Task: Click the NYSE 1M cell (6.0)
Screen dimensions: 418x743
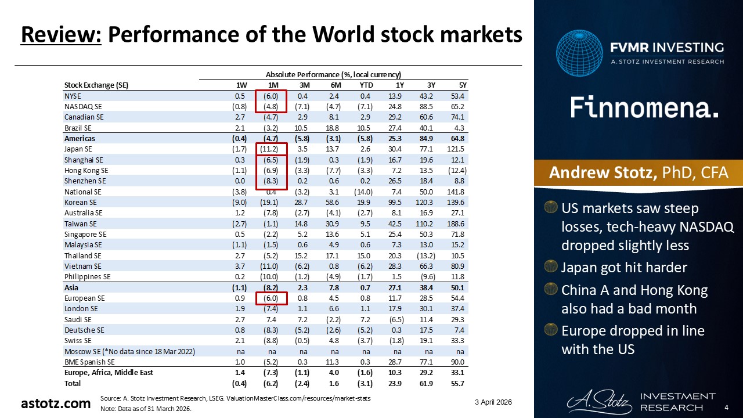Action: click(x=271, y=96)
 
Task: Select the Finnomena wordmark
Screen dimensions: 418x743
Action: click(x=644, y=108)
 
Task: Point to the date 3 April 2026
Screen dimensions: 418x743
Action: click(x=493, y=402)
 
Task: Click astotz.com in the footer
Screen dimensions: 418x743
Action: click(x=56, y=403)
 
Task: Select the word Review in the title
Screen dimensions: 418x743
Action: click(x=61, y=35)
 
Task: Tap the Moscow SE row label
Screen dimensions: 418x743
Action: click(x=129, y=351)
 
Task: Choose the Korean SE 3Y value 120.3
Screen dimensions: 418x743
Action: click(x=427, y=203)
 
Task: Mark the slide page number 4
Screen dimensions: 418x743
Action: click(x=727, y=409)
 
